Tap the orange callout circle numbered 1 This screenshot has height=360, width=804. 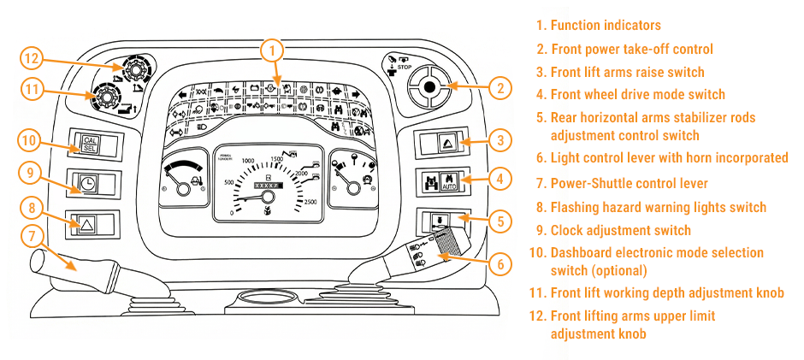point(272,50)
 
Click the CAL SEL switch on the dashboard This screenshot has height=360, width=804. point(89,143)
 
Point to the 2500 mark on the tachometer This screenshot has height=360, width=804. point(310,202)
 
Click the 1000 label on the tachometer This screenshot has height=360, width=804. point(249,160)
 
